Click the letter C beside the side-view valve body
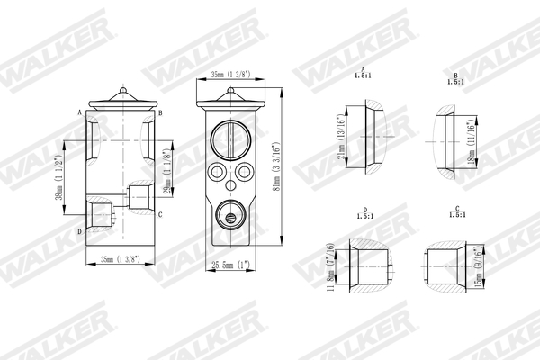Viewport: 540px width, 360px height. [x=159, y=215]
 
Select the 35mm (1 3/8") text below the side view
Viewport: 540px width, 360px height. [x=120, y=259]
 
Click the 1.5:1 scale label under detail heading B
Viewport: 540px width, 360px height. [x=455, y=82]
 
